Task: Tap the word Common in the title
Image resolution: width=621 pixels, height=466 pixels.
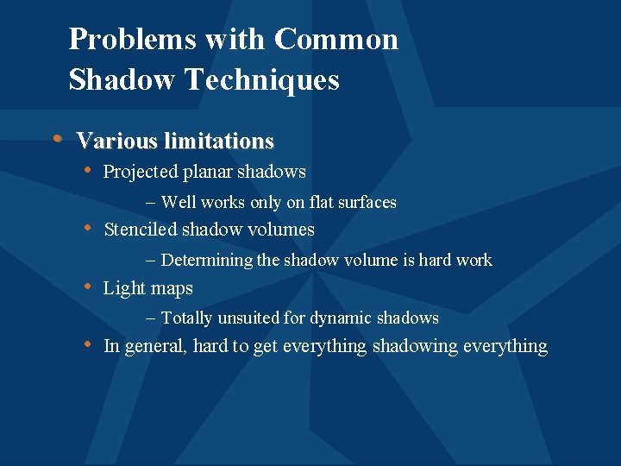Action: (x=336, y=40)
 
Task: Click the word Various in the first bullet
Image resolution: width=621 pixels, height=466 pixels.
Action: (x=116, y=141)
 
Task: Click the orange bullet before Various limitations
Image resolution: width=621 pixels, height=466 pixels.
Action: (x=57, y=138)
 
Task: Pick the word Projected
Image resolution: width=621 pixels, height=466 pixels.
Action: (x=141, y=172)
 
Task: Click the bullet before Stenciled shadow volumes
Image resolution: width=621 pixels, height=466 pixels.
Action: (x=87, y=228)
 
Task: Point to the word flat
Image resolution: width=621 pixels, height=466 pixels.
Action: (x=316, y=203)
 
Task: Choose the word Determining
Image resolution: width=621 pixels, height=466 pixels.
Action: (x=207, y=261)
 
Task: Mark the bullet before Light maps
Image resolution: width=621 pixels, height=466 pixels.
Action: (x=87, y=287)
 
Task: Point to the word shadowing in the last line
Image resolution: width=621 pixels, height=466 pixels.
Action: (x=415, y=347)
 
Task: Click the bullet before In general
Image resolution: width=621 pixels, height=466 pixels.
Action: (x=87, y=344)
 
